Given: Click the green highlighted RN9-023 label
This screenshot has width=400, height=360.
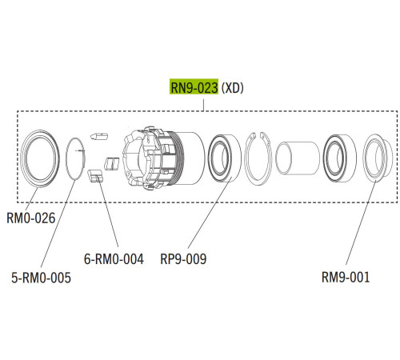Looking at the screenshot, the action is (x=194, y=87).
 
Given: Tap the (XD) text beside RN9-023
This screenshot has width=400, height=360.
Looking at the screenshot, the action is (x=233, y=88).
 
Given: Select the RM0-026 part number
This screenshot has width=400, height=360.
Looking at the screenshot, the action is (x=31, y=218).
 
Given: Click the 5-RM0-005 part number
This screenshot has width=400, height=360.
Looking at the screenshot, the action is (x=41, y=278).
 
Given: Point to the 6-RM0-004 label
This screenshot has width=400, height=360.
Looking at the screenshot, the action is (x=114, y=258).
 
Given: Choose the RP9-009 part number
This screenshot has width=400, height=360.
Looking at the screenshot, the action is (x=183, y=258).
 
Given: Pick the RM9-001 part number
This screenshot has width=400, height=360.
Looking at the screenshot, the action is (x=346, y=277).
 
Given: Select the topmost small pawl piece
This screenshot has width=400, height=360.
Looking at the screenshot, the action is (x=99, y=137).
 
